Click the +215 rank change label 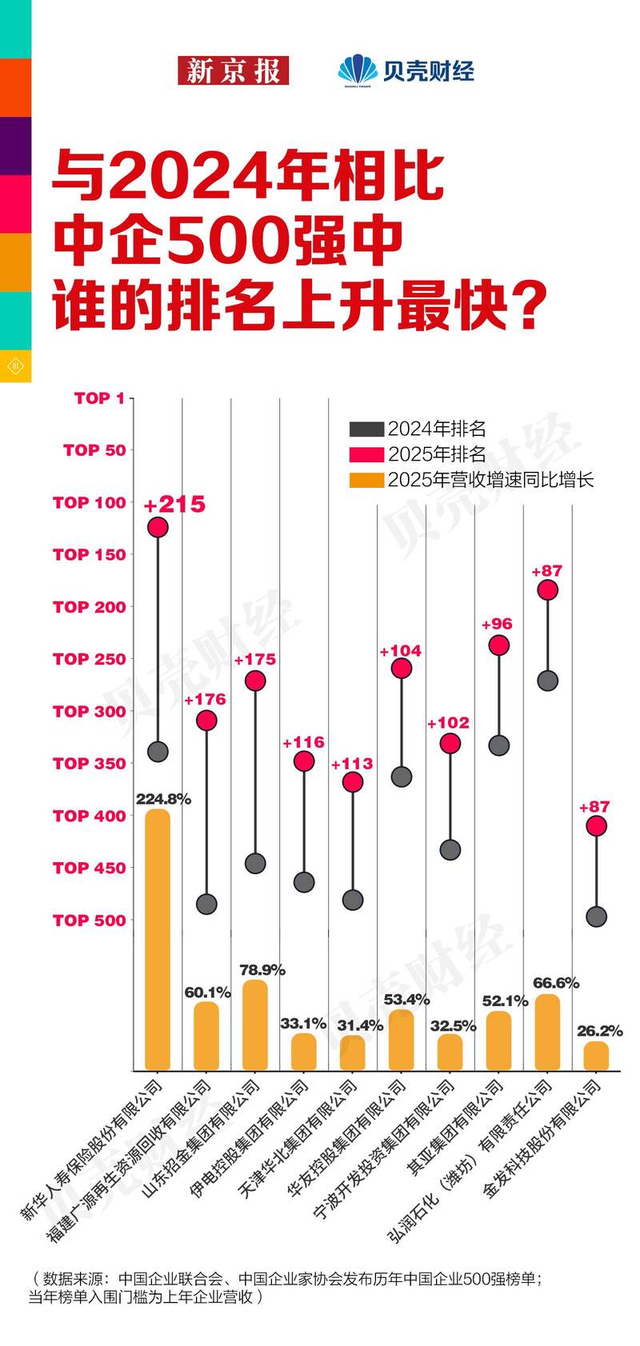tap(174, 505)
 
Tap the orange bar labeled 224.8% tap(158, 939)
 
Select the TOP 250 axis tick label tap(90, 659)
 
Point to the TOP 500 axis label tap(90, 921)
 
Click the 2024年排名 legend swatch tap(366, 429)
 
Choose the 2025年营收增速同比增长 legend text tap(490, 480)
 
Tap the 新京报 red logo tap(233, 71)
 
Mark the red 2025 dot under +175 tap(255, 681)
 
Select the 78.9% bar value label tap(262, 970)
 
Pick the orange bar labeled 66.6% tap(547, 1032)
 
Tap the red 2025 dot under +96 tap(498, 645)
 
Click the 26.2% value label tap(599, 1032)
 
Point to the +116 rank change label tap(303, 743)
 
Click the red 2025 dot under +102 tap(450, 744)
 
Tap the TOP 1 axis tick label tap(99, 398)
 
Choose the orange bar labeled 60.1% tap(206, 1036)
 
